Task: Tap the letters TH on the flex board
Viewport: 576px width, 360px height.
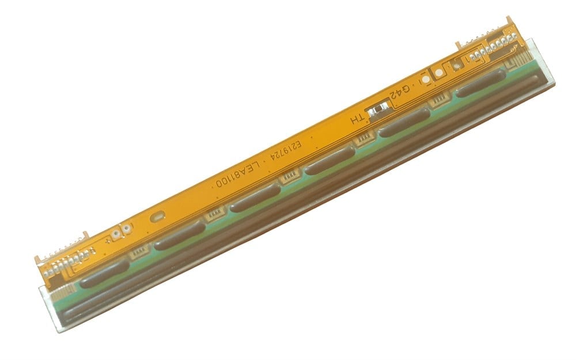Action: (x=358, y=119)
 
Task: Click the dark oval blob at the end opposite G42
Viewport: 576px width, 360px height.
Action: (x=104, y=272)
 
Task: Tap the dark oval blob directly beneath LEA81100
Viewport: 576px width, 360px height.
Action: (x=255, y=198)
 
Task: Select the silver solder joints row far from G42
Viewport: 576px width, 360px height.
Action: (x=65, y=264)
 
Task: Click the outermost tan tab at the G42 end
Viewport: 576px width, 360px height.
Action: (x=508, y=22)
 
